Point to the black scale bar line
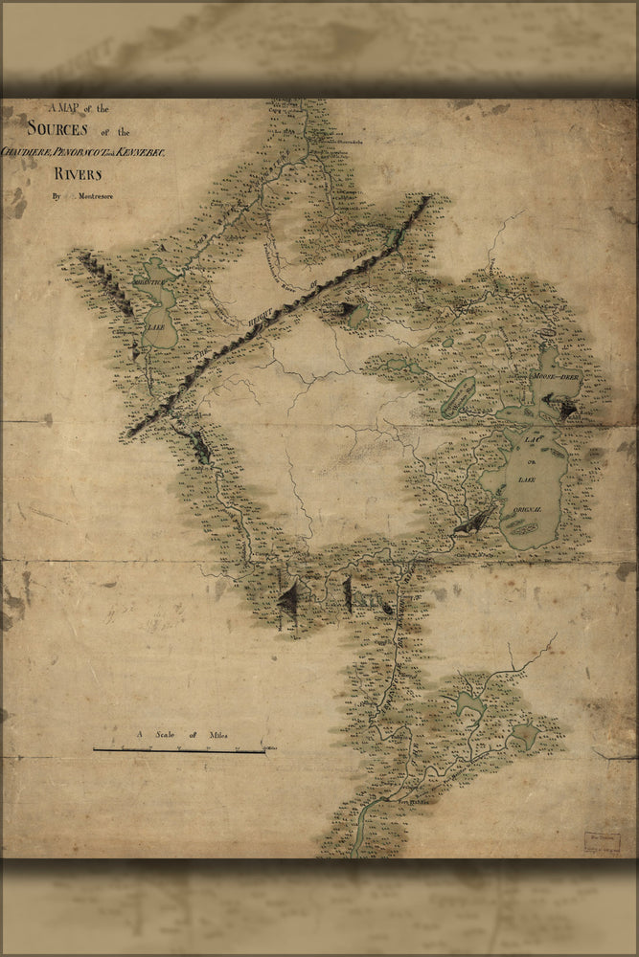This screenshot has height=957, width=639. [179, 750]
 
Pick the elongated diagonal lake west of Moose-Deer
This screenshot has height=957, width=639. [459, 394]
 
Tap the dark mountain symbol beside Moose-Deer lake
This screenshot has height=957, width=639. [566, 410]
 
